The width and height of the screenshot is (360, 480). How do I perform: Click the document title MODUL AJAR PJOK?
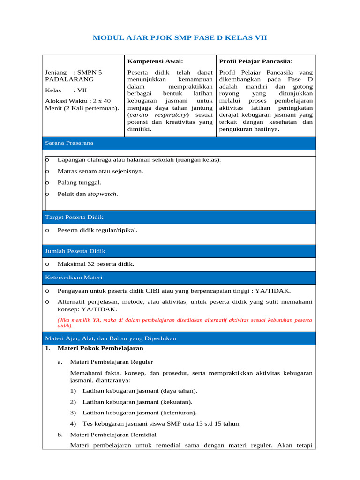[180, 37]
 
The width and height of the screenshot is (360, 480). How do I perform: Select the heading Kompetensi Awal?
[155, 61]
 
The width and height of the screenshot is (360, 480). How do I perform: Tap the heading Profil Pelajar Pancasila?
[256, 61]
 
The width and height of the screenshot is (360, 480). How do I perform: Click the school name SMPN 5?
[90, 73]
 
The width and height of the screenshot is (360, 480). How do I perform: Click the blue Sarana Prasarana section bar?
[179, 143]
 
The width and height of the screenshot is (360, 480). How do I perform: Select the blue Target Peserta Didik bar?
[179, 217]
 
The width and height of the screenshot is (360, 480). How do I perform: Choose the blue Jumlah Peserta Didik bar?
[179, 251]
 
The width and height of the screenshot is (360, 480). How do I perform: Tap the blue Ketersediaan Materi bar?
[179, 277]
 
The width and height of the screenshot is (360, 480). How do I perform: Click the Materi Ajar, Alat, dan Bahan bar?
[179, 338]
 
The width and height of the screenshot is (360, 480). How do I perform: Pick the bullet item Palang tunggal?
[79, 182]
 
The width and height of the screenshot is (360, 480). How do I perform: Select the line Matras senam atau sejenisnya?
[100, 171]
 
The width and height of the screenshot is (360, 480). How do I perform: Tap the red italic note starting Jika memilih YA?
[184, 322]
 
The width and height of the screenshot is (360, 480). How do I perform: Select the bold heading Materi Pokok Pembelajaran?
[100, 348]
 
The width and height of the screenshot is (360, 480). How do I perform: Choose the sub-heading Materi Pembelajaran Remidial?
[113, 435]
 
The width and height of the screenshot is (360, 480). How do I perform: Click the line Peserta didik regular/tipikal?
[97, 230]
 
